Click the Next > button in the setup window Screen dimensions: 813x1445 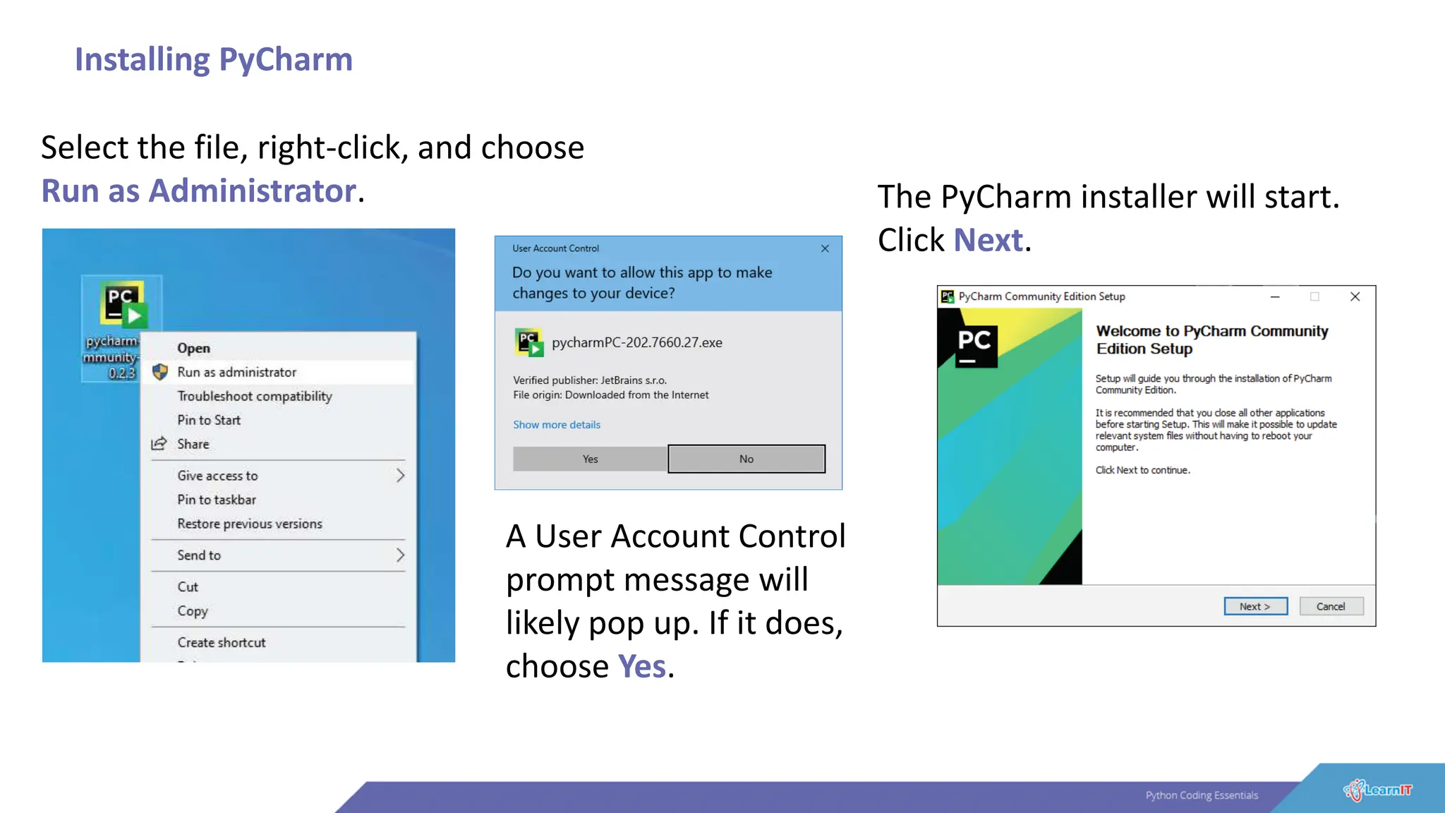click(x=1255, y=606)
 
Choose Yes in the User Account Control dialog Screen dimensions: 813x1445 click(x=590, y=459)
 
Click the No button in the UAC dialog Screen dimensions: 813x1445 click(x=746, y=459)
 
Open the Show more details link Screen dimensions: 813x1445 click(x=557, y=425)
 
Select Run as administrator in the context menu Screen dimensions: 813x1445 click(x=237, y=372)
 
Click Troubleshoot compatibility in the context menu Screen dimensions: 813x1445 click(x=255, y=396)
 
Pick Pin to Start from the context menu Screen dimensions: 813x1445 click(x=209, y=420)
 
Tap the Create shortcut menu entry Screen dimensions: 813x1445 click(x=222, y=642)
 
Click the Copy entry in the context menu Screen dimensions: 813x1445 click(x=193, y=610)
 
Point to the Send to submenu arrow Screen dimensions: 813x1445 click(x=400, y=555)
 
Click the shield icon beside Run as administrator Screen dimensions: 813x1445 click(x=160, y=372)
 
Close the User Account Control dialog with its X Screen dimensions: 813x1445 click(x=825, y=248)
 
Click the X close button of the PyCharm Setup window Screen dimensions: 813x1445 click(x=1355, y=296)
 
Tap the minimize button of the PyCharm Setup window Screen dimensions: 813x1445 click(x=1275, y=296)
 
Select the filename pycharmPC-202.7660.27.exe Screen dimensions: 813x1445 click(x=637, y=342)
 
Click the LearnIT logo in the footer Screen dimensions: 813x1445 click(x=1377, y=790)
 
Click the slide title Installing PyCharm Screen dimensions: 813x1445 click(x=214, y=59)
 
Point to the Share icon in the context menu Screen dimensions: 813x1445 click(x=159, y=444)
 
